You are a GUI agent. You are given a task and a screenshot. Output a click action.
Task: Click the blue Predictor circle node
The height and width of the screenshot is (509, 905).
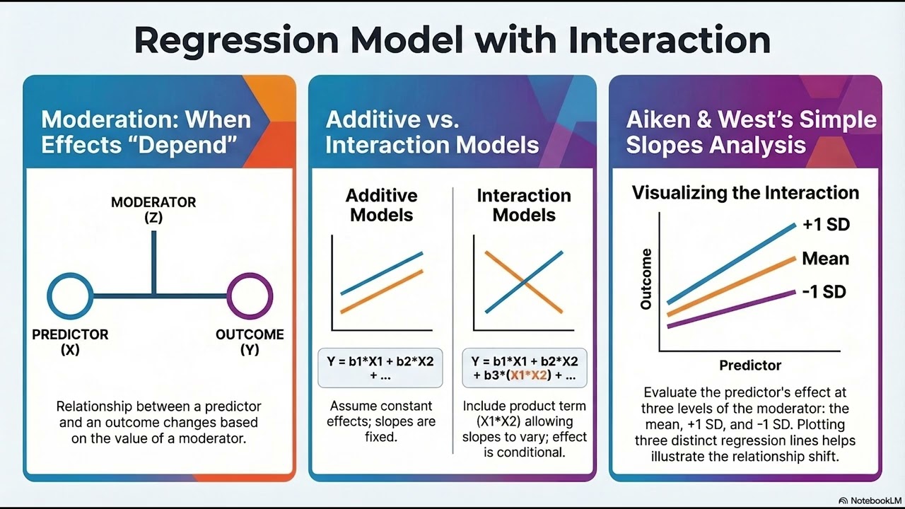coord(70,295)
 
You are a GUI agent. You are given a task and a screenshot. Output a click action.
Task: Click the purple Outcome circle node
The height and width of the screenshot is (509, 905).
coord(249,295)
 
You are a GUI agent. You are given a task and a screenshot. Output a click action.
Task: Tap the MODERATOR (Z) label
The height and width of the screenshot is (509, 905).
coord(153,210)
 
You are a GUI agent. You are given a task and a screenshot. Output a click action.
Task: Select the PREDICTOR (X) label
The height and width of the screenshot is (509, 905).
coord(70,342)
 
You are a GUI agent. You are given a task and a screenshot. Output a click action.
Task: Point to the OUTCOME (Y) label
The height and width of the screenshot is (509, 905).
coord(250,342)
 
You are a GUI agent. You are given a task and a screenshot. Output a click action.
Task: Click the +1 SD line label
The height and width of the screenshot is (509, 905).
coord(826,225)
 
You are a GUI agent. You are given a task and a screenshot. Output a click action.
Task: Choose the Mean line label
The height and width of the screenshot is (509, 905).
coord(825,259)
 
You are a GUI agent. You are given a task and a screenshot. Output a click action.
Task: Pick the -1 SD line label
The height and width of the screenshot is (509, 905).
coord(824,291)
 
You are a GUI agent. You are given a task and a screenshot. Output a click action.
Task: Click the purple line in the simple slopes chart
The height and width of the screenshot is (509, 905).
coord(732,309)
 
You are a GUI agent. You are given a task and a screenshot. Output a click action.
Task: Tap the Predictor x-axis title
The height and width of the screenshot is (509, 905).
coord(750,365)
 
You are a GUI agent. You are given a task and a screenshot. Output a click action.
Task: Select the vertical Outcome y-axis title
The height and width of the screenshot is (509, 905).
coord(646,279)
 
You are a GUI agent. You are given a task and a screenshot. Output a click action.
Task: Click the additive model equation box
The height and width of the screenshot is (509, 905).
coord(380,368)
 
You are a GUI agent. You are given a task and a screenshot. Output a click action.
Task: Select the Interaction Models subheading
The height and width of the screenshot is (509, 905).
coord(523,205)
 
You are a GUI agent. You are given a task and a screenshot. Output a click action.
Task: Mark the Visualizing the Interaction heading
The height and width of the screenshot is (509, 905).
coord(745,192)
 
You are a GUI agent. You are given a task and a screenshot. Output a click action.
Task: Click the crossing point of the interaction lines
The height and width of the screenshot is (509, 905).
coord(524,282)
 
